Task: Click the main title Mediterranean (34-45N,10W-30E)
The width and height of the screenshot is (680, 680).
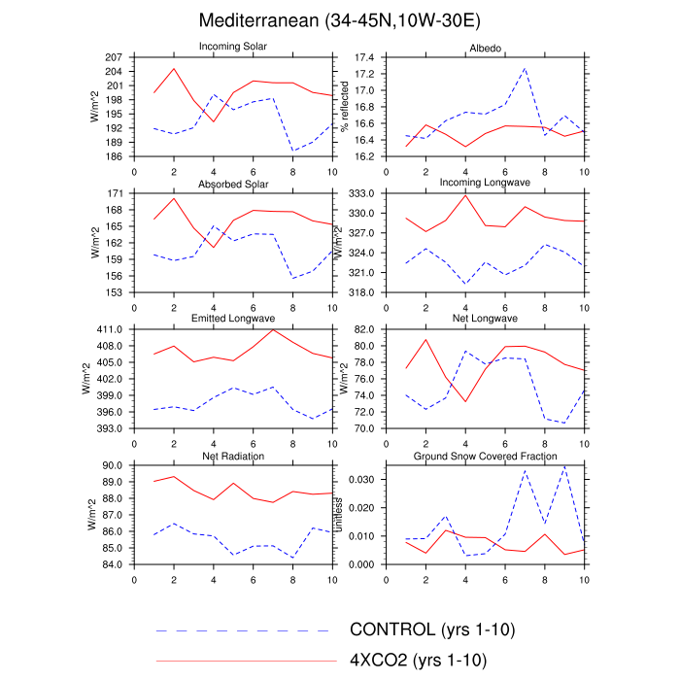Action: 339,20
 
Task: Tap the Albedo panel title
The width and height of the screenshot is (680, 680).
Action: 484,47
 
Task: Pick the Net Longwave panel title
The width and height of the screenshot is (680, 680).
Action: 484,319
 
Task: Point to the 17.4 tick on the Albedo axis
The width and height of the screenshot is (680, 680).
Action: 363,58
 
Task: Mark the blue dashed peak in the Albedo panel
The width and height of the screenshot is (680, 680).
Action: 525,68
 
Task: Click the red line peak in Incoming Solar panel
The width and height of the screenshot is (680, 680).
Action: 174,68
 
